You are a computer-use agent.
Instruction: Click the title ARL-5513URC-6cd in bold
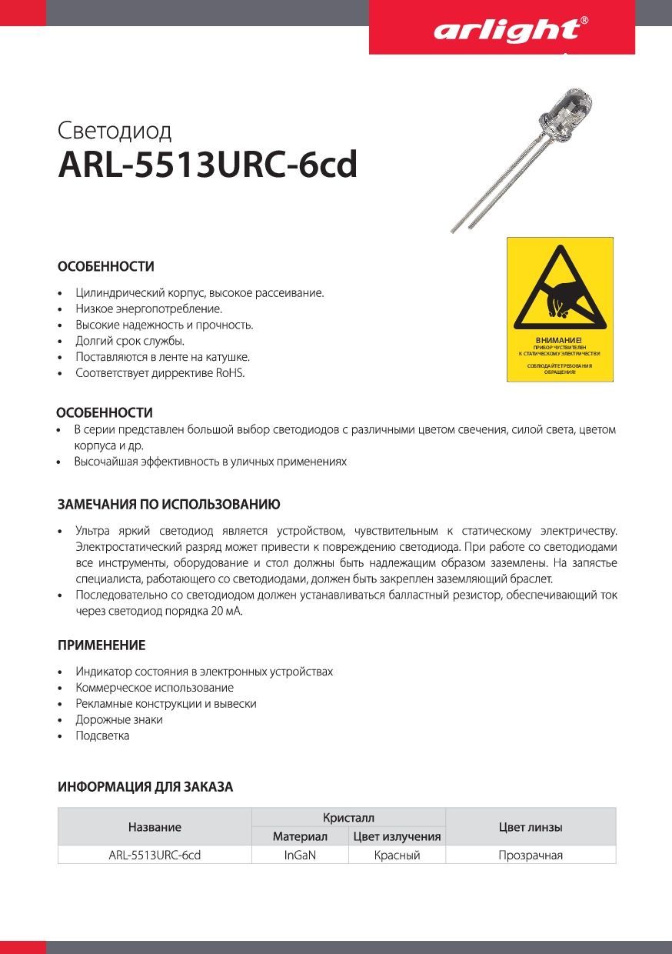coord(208,165)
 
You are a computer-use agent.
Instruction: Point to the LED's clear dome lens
coord(567,105)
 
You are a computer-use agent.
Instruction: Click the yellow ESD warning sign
coord(560,309)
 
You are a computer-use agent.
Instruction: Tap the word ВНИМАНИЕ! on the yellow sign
coord(559,340)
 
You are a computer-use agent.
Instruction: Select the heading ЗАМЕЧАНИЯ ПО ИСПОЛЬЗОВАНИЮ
coord(169,505)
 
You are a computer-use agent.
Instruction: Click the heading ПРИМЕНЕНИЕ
coord(101,645)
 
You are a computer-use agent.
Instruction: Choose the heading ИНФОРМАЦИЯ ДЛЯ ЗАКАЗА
coord(145,787)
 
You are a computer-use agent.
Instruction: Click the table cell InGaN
coord(300,855)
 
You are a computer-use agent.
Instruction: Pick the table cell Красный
coord(397,855)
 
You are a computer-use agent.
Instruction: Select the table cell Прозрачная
coord(531,855)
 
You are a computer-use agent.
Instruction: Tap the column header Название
coord(155,827)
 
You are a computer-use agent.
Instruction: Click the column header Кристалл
coord(348,817)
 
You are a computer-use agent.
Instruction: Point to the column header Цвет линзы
coord(531,827)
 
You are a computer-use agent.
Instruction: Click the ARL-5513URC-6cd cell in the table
coord(155,855)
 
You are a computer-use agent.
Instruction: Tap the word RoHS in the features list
coord(231,373)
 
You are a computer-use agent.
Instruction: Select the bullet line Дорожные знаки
coord(119,720)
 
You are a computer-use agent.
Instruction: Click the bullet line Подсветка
coord(102,736)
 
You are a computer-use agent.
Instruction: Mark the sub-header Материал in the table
coord(300,836)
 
